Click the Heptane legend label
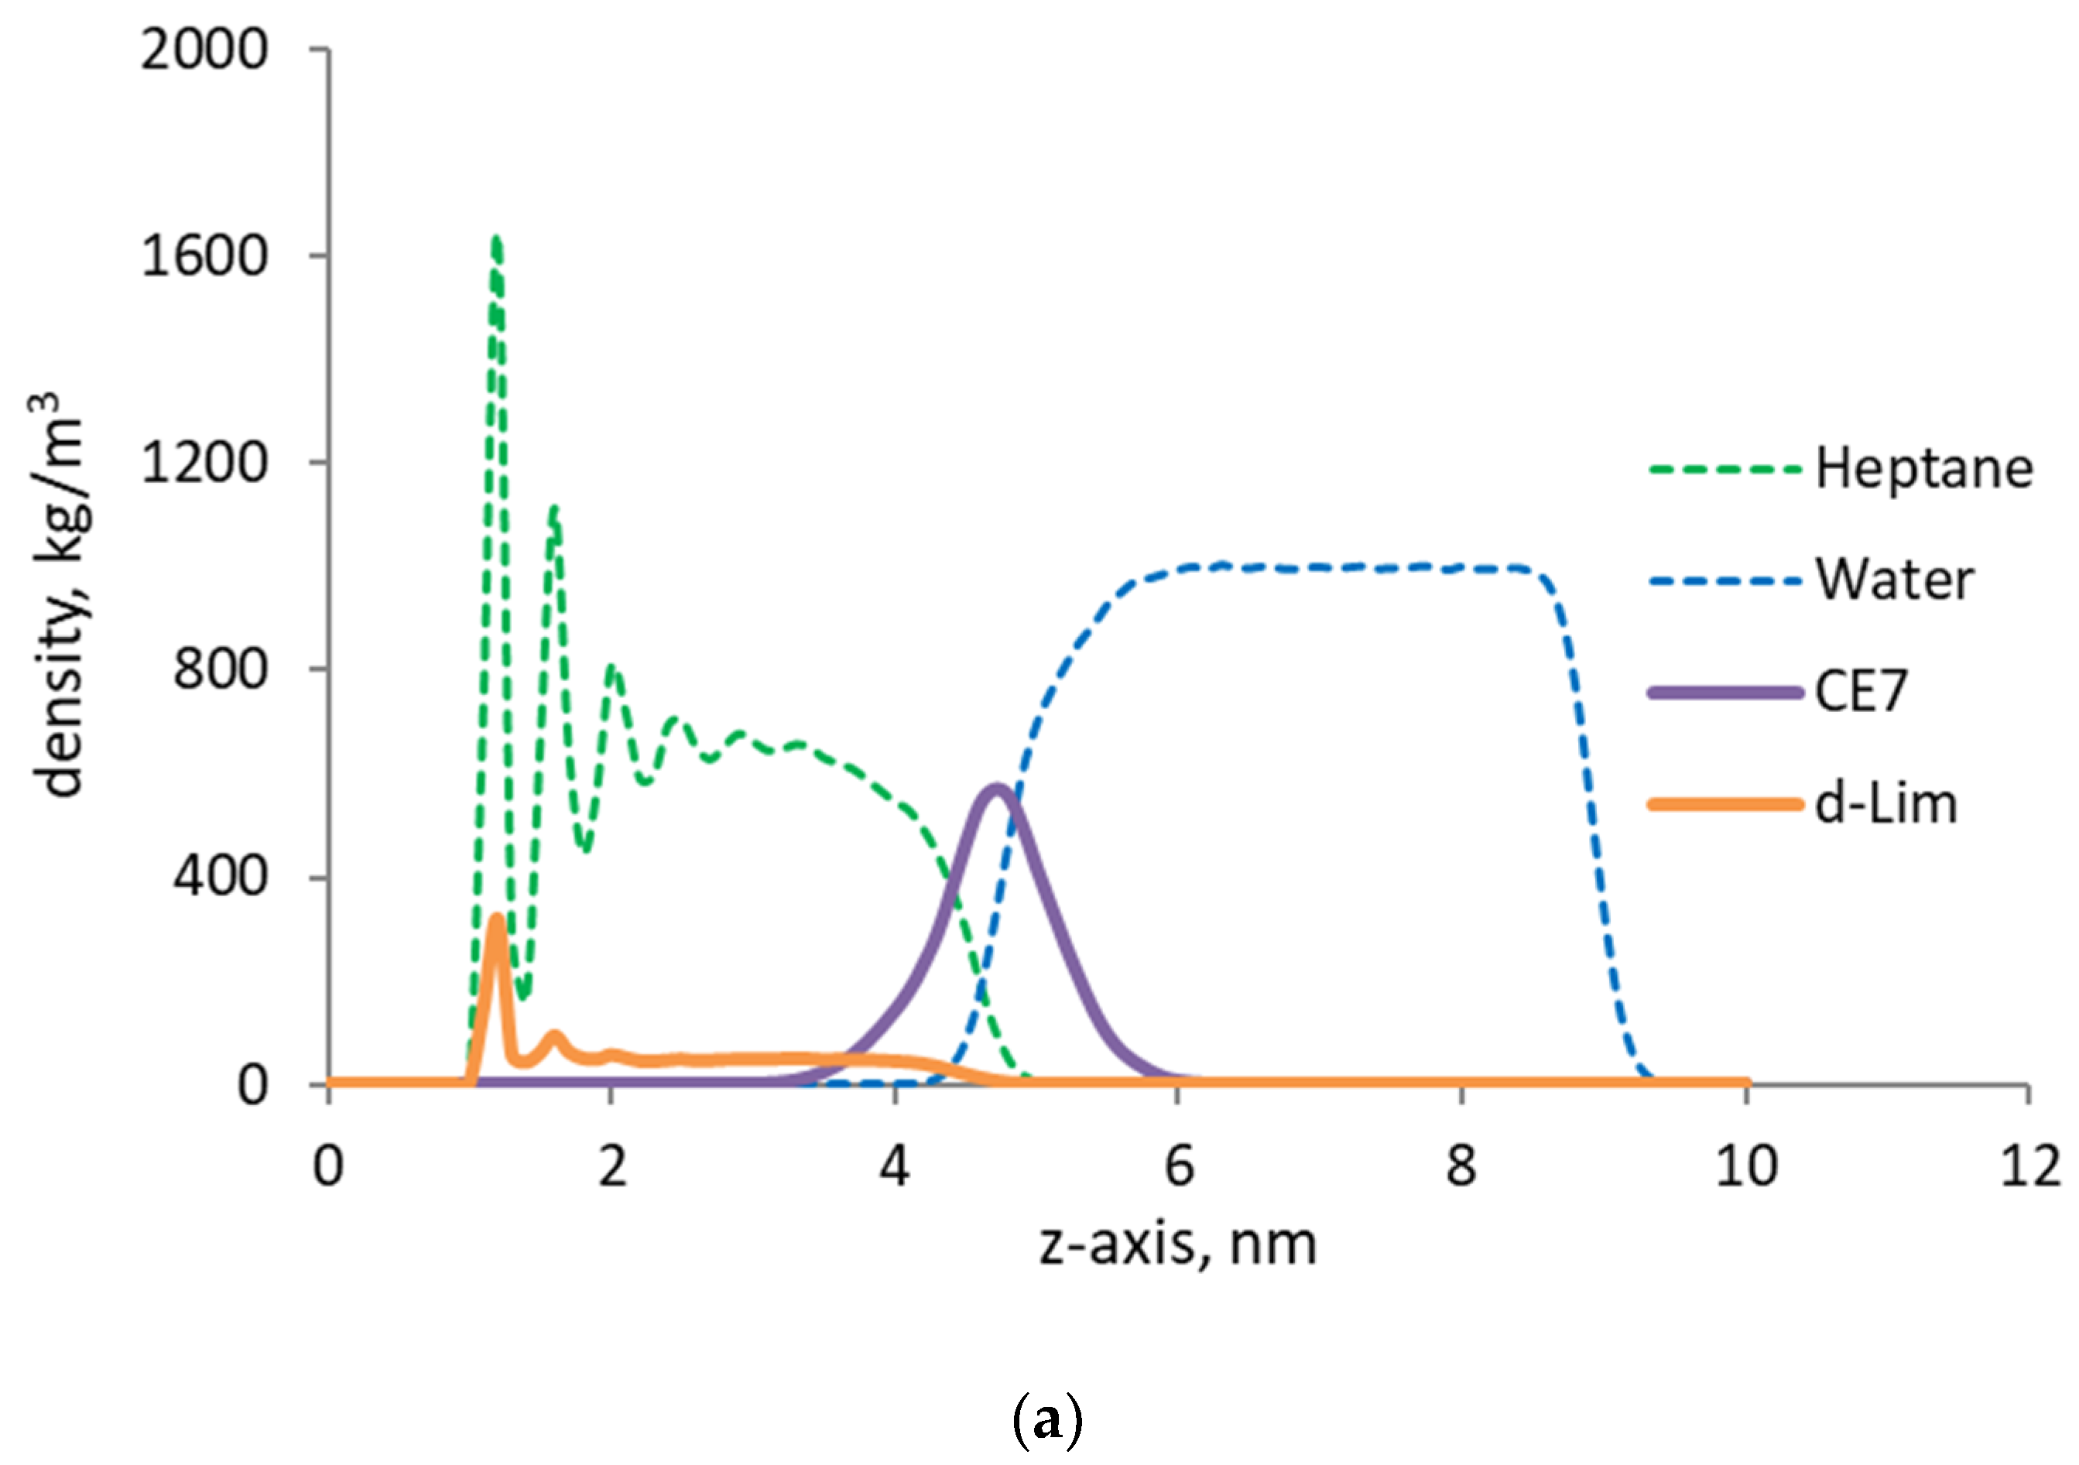(1924, 470)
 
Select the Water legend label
(1894, 580)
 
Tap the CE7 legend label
(1861, 693)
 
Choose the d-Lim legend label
(1886, 804)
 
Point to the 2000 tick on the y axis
(204, 49)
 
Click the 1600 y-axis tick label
(204, 256)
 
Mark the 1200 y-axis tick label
(204, 464)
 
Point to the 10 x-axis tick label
(1745, 1167)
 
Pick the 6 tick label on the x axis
(1179, 1167)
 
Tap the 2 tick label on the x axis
(612, 1167)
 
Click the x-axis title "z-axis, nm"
(1178, 1246)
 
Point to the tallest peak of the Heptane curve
(496, 239)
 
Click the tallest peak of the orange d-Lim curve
(496, 920)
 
